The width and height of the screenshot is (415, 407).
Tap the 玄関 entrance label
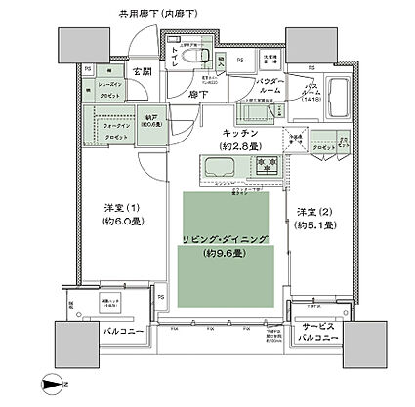(143, 72)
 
